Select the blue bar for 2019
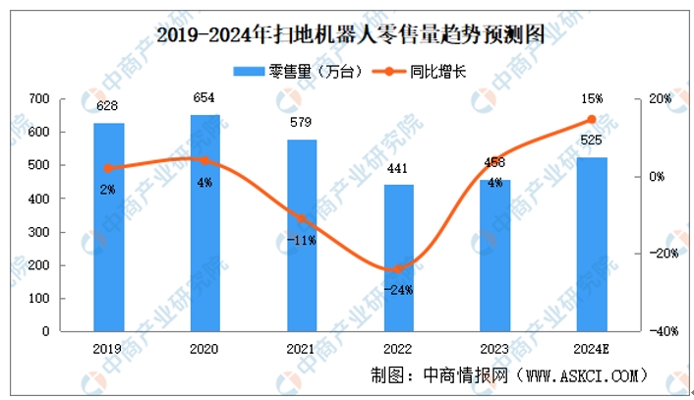pyautogui.click(x=109, y=227)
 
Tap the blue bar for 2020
pyautogui.click(x=204, y=223)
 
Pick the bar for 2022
pyautogui.click(x=398, y=257)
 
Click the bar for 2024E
pyautogui.click(x=591, y=244)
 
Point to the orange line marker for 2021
pyautogui.click(x=302, y=218)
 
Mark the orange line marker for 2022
pyautogui.click(x=398, y=268)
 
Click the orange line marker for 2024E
pyautogui.click(x=591, y=120)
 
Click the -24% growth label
pyautogui.click(x=398, y=290)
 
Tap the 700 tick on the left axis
pyautogui.click(x=39, y=99)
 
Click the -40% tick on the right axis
pyautogui.click(x=659, y=332)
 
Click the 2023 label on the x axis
pyautogui.click(x=494, y=347)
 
